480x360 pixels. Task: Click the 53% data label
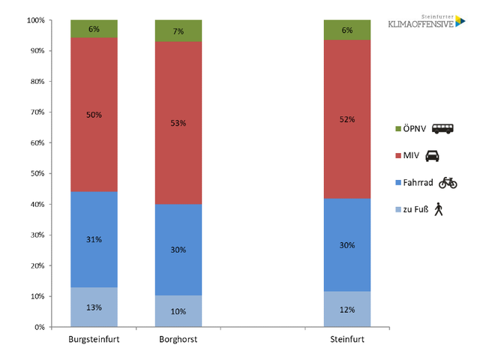tap(178, 123)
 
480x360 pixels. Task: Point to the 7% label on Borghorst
tap(178, 31)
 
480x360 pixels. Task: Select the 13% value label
tap(94, 307)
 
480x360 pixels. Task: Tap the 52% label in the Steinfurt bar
tap(347, 119)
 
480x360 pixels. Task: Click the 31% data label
tap(94, 239)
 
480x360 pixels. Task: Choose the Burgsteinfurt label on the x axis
tap(94, 340)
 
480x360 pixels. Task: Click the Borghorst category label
tap(178, 340)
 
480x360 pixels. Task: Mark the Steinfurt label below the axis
tap(347, 340)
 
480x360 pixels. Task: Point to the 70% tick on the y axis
tap(37, 112)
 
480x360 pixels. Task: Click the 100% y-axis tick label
tap(35, 20)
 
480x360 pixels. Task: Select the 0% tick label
tap(39, 327)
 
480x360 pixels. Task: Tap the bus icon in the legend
tap(442, 129)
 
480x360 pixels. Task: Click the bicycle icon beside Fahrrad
tap(448, 182)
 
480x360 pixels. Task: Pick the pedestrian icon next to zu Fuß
tap(438, 209)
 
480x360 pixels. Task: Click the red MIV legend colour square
tap(399, 156)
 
